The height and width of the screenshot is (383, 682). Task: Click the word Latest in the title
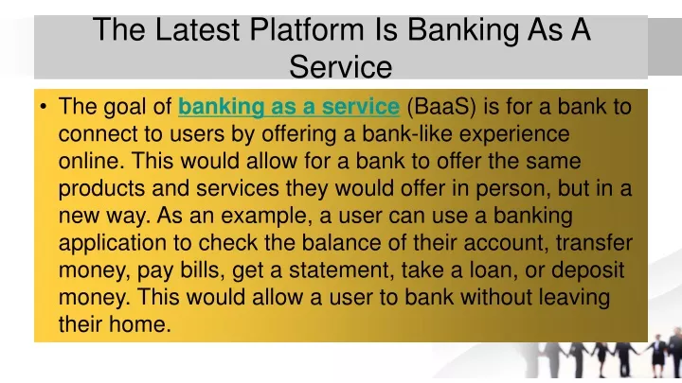click(197, 29)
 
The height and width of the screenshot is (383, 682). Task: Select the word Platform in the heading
click(307, 29)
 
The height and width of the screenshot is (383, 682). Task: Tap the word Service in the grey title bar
click(341, 67)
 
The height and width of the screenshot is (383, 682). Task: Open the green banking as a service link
click(289, 107)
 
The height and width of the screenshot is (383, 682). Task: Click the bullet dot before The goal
click(43, 106)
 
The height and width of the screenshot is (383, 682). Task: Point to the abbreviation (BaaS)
click(441, 107)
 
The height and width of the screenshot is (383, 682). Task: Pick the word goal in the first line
click(124, 107)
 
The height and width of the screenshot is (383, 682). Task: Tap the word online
click(91, 161)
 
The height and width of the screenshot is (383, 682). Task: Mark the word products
click(101, 189)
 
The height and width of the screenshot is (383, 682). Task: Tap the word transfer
click(594, 243)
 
